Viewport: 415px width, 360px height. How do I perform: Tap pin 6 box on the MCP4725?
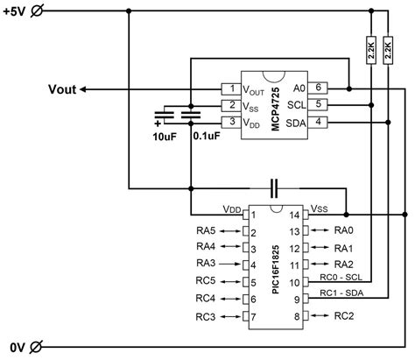pyautogui.click(x=320, y=88)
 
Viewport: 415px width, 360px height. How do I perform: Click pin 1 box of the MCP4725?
pyautogui.click(x=229, y=88)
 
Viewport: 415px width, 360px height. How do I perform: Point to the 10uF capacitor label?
pyautogui.click(x=164, y=138)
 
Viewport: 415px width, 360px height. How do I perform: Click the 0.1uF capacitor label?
pyautogui.click(x=204, y=138)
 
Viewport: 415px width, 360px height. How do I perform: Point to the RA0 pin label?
pyautogui.click(x=344, y=230)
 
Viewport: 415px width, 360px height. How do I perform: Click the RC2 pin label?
pyautogui.click(x=344, y=316)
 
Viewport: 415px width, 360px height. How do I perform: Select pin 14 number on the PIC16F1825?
pyautogui.click(x=295, y=214)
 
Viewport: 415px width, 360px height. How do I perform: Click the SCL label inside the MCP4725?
pyautogui.click(x=298, y=105)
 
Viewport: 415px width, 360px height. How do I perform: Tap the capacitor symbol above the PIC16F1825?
pyautogui.click(x=274, y=187)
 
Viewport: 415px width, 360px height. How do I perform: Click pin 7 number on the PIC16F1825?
pyautogui.click(x=253, y=316)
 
